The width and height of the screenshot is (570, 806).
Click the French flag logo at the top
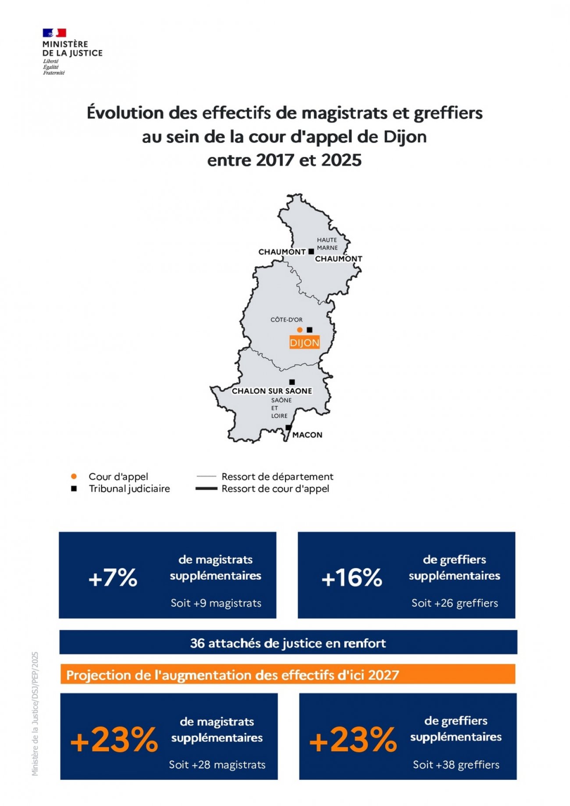54,33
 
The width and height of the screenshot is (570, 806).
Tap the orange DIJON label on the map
304,343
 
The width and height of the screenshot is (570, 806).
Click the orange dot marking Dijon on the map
299,330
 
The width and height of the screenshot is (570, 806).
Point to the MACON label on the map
307,435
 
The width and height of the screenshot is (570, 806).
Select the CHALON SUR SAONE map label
272,391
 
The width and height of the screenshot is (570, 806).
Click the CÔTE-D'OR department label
286,320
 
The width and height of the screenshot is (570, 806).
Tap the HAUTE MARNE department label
327,244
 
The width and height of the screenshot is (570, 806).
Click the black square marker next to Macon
288,427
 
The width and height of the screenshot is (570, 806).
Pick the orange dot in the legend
74,476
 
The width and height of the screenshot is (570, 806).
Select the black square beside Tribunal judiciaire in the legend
74,489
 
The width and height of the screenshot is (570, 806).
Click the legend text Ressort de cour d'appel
275,489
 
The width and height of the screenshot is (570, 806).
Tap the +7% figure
113,578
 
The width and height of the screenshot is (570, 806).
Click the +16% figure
352,578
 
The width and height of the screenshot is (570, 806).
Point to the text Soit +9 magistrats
216,603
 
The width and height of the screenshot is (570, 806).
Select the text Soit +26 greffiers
455,603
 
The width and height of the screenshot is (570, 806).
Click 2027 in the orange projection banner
384,675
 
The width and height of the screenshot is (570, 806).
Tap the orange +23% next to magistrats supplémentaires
114,740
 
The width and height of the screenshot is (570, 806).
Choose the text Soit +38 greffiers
456,765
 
